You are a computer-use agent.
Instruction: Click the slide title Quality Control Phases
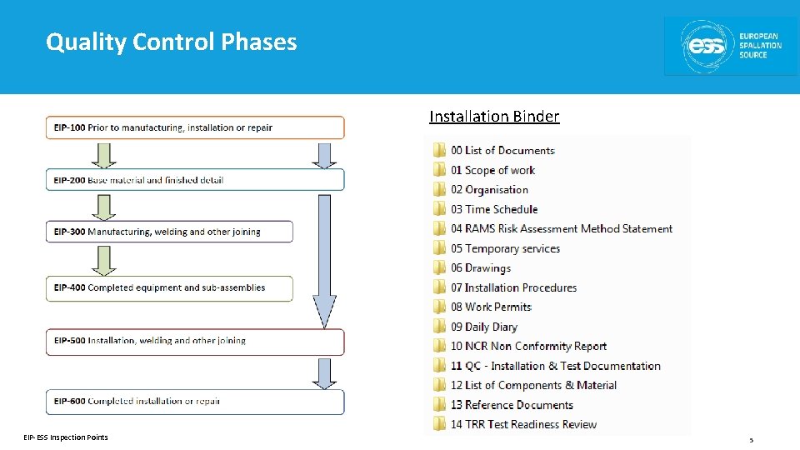click(171, 42)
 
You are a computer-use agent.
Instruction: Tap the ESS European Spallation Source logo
click(730, 46)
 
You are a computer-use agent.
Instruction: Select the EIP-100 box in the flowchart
click(194, 127)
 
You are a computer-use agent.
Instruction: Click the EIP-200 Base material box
click(194, 180)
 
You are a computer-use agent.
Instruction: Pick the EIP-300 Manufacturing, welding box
click(169, 232)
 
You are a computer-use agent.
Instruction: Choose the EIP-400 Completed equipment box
click(169, 288)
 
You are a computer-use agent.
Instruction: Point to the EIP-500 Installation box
click(194, 341)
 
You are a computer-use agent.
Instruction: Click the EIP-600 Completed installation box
click(194, 402)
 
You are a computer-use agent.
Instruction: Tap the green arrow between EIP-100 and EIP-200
click(104, 155)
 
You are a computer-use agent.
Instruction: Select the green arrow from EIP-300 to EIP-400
click(104, 260)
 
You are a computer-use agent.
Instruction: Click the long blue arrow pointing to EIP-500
click(324, 258)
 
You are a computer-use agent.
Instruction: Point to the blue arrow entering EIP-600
click(324, 372)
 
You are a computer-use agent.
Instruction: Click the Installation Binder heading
click(494, 117)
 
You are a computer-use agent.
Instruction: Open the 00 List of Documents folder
click(502, 151)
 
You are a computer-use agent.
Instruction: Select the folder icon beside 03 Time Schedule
click(439, 209)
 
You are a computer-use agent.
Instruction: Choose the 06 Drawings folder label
click(481, 268)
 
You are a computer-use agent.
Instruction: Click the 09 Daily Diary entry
click(484, 327)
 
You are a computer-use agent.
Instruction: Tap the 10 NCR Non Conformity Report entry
click(528, 347)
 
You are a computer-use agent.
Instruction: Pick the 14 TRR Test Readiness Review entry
click(523, 425)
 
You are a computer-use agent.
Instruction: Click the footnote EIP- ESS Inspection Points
click(66, 437)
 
